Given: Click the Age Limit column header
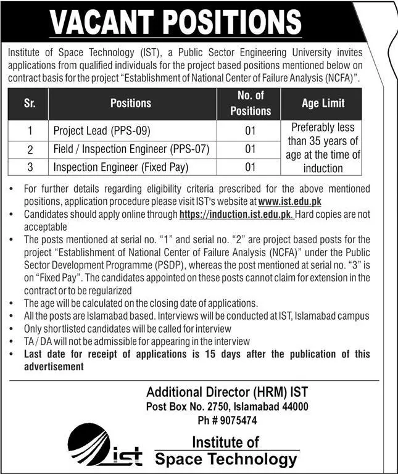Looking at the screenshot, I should pyautogui.click(x=323, y=104).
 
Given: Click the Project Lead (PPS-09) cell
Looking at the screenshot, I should pyautogui.click(x=102, y=131).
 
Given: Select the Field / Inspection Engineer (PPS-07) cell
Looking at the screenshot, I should pyautogui.click(x=131, y=149).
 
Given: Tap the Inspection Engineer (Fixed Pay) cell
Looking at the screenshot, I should pyautogui.click(x=120, y=167).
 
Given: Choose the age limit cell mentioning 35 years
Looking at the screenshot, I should pyautogui.click(x=323, y=148).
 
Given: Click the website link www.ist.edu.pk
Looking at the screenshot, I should pyautogui.click(x=289, y=201).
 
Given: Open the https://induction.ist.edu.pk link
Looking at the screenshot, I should pyautogui.click(x=235, y=214).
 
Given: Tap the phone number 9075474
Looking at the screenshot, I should pyautogui.click(x=240, y=420).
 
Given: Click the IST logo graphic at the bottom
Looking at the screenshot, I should pyautogui.click(x=104, y=447).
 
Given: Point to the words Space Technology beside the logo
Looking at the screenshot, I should pyautogui.click(x=225, y=459).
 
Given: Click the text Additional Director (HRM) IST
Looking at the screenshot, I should pyautogui.click(x=226, y=392).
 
